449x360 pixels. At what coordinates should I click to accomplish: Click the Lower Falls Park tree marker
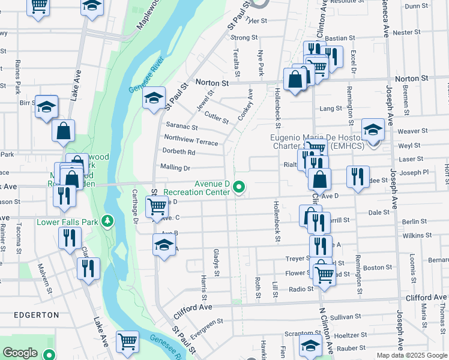107,222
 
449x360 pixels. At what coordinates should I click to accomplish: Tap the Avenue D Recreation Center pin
240,188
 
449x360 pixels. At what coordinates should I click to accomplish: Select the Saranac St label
178,127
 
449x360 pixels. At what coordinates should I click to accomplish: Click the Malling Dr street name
175,168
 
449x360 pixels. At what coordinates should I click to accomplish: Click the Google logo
20,353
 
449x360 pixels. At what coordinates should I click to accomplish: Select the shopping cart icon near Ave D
157,207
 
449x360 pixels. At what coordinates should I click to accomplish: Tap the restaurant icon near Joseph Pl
358,176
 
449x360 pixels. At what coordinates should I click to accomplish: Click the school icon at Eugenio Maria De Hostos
373,130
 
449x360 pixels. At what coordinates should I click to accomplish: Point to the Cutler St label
216,117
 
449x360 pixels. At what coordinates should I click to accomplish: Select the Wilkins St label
414,236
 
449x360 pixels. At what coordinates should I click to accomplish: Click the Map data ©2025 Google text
412,355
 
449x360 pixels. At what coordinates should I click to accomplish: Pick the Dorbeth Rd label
178,152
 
